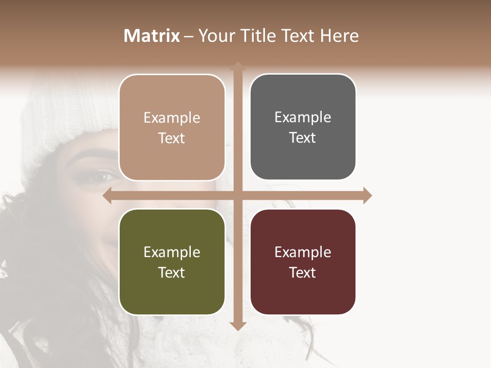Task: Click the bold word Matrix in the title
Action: (152, 36)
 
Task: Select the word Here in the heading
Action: (339, 36)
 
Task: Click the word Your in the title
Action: (215, 36)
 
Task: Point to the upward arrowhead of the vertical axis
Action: (238, 66)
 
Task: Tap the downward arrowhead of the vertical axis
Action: (238, 326)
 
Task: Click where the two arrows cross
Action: (238, 196)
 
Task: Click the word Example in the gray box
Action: (303, 117)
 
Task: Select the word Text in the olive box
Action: (171, 272)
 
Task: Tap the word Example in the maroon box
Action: (303, 252)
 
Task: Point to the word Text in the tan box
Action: (171, 138)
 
